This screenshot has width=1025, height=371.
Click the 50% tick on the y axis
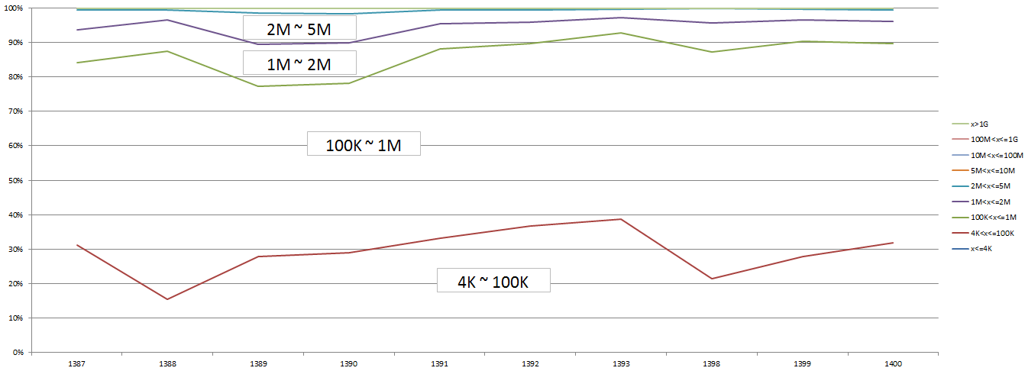pyautogui.click(x=17, y=180)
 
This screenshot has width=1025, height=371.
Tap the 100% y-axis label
pyautogui.click(x=15, y=8)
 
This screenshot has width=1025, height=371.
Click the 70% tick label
pyautogui.click(x=17, y=111)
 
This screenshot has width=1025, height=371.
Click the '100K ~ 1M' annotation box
pyautogui.click(x=364, y=144)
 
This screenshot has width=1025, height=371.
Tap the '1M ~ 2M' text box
pyautogui.click(x=299, y=63)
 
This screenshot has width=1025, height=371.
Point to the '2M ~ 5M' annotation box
pyautogui.click(x=299, y=29)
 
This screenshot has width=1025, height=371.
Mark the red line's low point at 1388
pyautogui.click(x=167, y=299)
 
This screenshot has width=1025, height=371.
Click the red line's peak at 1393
pyautogui.click(x=621, y=219)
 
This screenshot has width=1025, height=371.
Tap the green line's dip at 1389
pyautogui.click(x=258, y=86)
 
